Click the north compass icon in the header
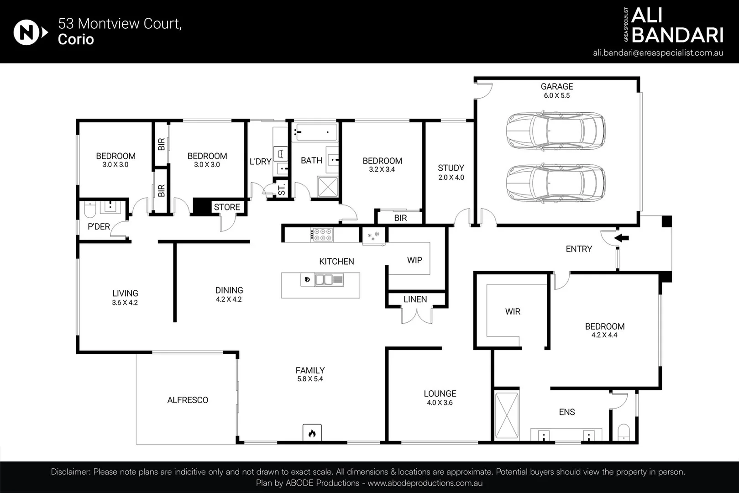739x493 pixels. [x=31, y=32]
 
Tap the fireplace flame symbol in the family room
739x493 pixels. [x=312, y=433]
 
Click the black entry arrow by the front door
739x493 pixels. [x=622, y=237]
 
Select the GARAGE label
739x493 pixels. [x=557, y=86]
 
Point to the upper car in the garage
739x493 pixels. [x=556, y=131]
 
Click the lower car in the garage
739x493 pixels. [x=556, y=183]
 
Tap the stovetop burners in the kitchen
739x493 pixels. [x=322, y=235]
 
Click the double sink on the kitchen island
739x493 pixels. [x=324, y=280]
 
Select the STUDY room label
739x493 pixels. [x=451, y=168]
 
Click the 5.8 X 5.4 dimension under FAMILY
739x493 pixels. [x=310, y=379]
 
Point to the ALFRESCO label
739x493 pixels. [x=188, y=400]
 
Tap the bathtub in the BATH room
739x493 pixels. [x=315, y=132]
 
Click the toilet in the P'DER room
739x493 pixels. [x=90, y=210]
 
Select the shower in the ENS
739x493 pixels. [x=507, y=415]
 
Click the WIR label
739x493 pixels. [x=513, y=311]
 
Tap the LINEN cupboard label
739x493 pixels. [x=415, y=299]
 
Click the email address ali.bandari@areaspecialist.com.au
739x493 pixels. [x=658, y=53]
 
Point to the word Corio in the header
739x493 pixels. [x=76, y=39]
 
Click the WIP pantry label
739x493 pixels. [x=415, y=260]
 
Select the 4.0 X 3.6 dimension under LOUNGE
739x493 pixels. [x=440, y=403]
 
